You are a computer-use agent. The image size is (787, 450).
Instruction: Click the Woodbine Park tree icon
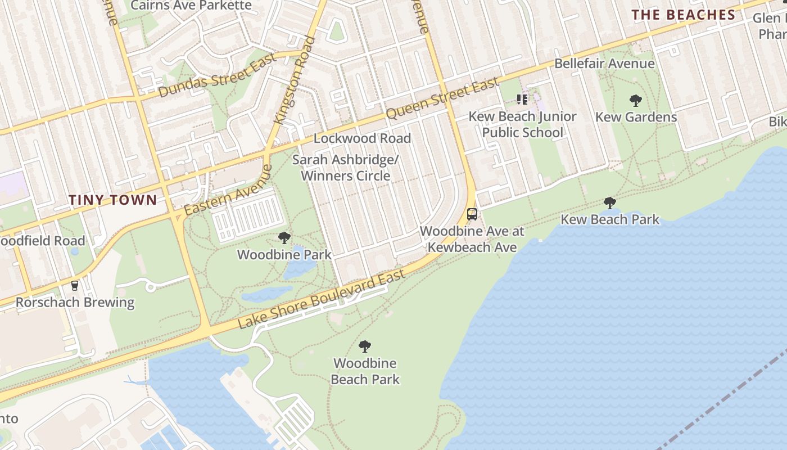point(284,238)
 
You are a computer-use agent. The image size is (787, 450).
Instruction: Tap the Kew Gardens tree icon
point(636,101)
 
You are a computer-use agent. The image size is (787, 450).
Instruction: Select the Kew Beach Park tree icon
point(610,203)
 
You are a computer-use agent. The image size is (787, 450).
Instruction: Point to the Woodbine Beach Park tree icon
point(365,346)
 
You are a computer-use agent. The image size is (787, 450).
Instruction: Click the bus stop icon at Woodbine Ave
point(472,214)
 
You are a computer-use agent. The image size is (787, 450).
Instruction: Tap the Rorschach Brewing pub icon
point(75,286)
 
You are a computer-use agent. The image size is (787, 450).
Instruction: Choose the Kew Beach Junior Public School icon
point(522,100)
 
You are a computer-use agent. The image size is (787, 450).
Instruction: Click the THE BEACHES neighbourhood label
point(684,15)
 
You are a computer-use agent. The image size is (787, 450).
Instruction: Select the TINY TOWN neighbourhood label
point(113,200)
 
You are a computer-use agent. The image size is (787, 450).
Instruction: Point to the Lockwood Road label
point(362,138)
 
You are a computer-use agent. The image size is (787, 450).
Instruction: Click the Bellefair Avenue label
point(604,64)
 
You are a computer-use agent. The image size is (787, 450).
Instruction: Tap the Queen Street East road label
point(442,99)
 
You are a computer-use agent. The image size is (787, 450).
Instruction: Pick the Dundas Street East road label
point(218,75)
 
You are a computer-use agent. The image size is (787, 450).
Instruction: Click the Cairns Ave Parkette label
point(191,6)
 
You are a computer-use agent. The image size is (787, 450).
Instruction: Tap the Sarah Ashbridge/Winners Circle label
point(345,168)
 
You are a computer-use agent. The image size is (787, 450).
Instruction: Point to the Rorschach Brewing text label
point(75,303)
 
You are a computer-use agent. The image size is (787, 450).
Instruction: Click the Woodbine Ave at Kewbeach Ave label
point(472,239)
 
